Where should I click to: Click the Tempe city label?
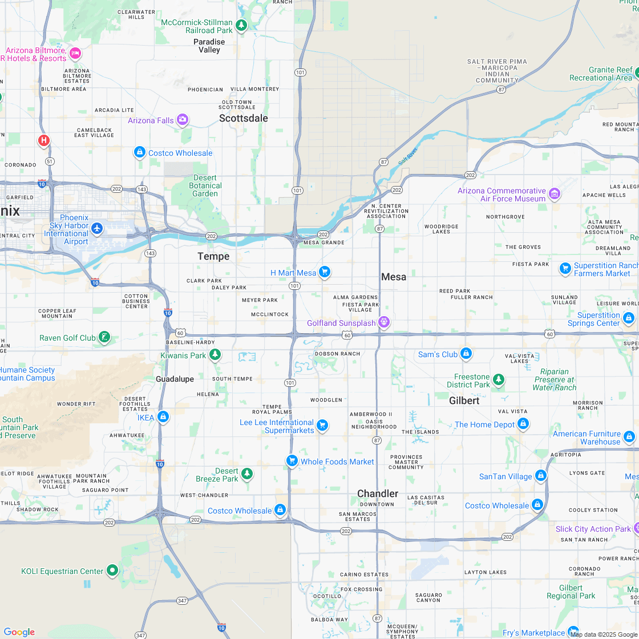213,257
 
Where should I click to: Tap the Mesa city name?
394,277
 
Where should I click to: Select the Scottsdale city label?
244,118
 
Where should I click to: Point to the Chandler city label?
378,494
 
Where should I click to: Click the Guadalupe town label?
175,379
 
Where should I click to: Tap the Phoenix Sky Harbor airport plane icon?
97,228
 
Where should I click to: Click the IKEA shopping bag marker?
163,417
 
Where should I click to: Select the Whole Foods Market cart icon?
292,460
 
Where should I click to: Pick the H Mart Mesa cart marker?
325,272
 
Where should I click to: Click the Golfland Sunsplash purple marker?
385,322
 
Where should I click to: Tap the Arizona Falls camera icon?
183,119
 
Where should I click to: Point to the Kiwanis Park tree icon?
215,355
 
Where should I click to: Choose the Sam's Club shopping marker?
466,354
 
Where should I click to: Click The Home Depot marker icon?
523,424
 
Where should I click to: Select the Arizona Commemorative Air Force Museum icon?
554,194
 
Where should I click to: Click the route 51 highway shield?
50,161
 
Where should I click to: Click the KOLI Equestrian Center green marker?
112,570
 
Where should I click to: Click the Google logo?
19,632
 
